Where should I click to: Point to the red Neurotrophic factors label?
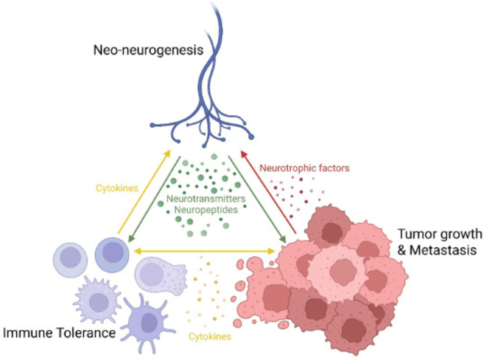[x=304, y=168]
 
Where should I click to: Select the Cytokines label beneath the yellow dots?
[x=210, y=336]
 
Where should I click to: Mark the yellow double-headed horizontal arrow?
[x=204, y=251]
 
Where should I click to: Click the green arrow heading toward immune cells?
[x=155, y=199]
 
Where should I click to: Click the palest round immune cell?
[x=70, y=259]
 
